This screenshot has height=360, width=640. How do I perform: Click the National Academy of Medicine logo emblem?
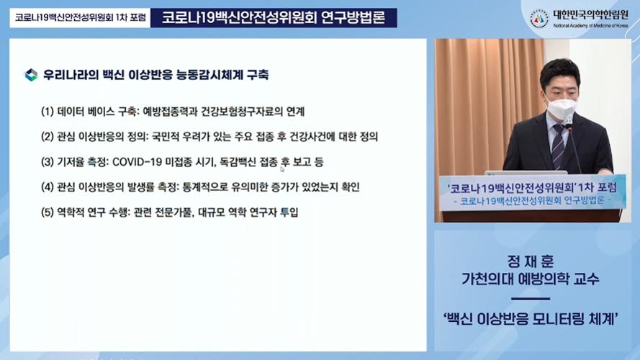pyautogui.click(x=538, y=19)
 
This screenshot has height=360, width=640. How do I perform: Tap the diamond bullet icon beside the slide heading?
pyautogui.click(x=31, y=75)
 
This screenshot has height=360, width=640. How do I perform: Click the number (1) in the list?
pyautogui.click(x=48, y=112)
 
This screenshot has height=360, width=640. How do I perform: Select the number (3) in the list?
pyautogui.click(x=48, y=161)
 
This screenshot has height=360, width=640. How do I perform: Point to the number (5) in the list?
pyautogui.click(x=48, y=212)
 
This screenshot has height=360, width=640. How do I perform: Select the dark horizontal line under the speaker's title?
pyautogui.click(x=530, y=299)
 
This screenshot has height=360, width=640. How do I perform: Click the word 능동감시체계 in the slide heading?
pyautogui.click(x=209, y=75)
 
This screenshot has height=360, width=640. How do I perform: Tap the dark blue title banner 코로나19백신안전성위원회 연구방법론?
pyautogui.click(x=274, y=18)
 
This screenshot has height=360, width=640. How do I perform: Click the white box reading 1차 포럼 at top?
pyautogui.click(x=80, y=18)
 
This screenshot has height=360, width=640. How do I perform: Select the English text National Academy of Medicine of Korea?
pyautogui.click(x=590, y=26)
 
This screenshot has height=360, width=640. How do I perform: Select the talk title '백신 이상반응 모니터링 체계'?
pyautogui.click(x=531, y=318)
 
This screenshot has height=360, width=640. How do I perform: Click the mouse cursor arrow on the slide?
pyautogui.click(x=281, y=168)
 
